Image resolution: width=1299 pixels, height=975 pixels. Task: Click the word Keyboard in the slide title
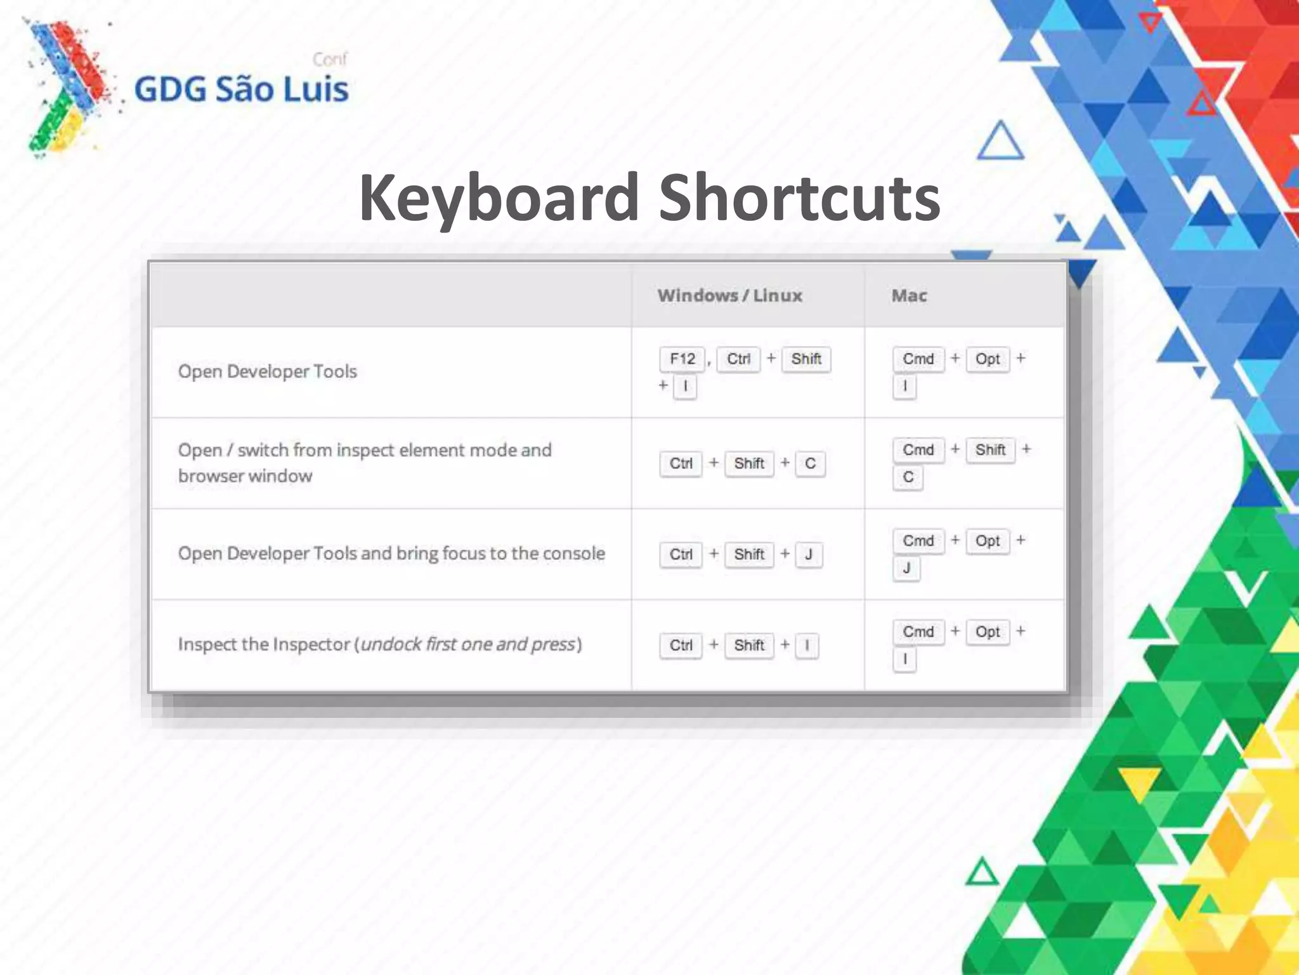(499, 198)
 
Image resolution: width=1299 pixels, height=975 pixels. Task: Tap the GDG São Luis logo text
(241, 89)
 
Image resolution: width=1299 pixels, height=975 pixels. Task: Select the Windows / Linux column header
(729, 296)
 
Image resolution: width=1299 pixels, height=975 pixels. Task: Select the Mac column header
(909, 296)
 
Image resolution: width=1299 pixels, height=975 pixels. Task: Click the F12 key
(682, 359)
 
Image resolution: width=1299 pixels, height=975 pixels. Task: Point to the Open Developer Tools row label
(267, 371)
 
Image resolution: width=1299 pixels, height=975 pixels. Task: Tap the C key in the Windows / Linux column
(810, 464)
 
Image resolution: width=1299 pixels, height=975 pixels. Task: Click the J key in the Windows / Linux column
(809, 555)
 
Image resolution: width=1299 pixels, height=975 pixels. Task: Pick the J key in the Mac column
(906, 568)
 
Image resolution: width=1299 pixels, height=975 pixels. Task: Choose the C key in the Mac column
(908, 477)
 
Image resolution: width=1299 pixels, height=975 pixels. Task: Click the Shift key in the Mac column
(990, 450)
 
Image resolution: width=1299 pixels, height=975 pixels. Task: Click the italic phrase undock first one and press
(468, 644)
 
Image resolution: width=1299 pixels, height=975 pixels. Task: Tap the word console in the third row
(573, 554)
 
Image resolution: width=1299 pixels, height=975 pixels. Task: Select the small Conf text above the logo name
(330, 60)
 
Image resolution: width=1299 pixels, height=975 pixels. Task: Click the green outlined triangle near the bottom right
(982, 873)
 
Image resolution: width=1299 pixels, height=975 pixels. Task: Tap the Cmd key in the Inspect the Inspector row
(918, 632)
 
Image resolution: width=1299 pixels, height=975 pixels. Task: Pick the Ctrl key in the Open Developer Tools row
(738, 359)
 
